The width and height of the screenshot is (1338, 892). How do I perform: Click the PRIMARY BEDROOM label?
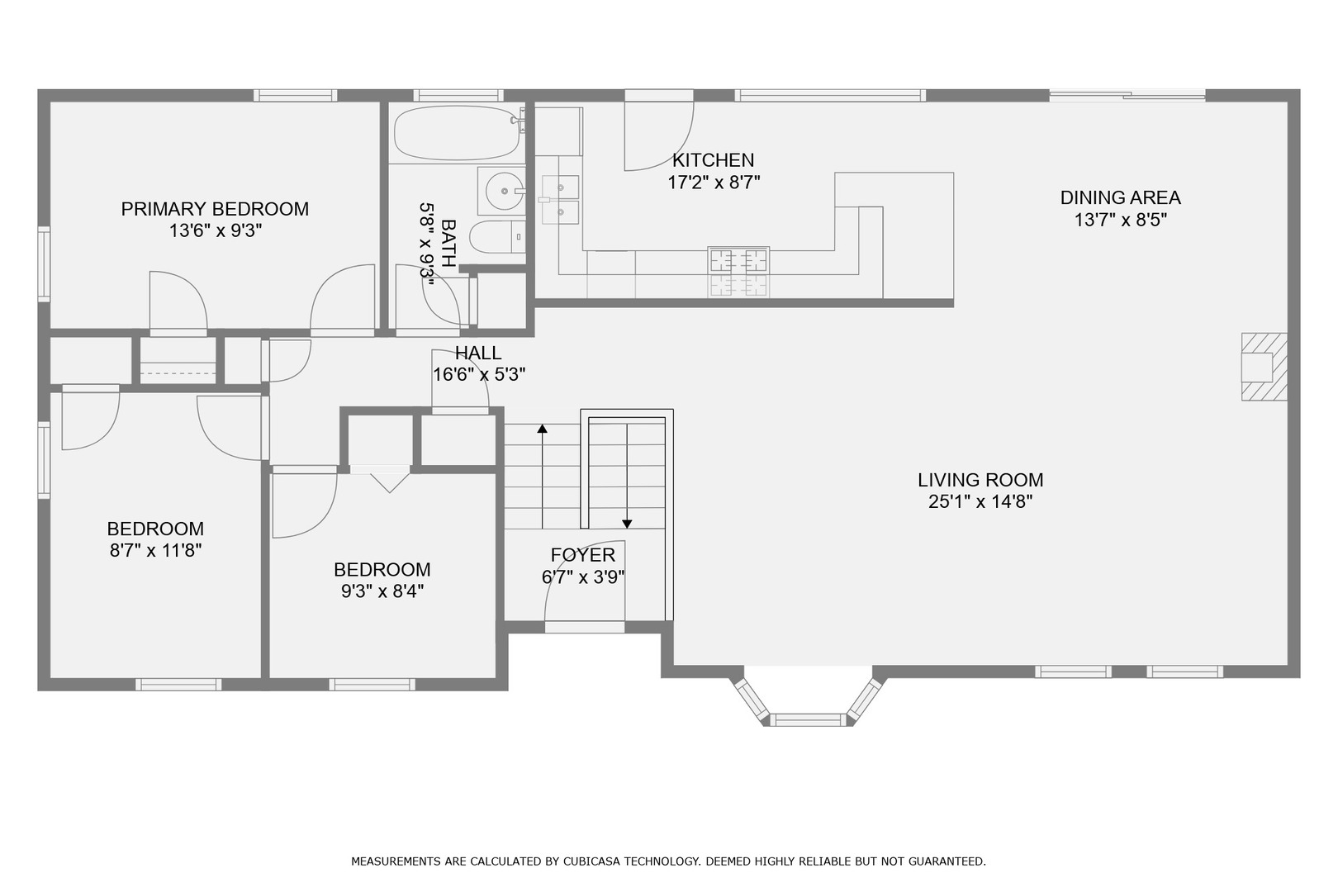coord(215,209)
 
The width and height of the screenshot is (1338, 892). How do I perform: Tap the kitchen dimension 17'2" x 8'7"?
coord(714,183)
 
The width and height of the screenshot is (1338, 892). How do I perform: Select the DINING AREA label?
coord(1121,197)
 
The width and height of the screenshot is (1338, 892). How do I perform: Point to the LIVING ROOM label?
coord(981,480)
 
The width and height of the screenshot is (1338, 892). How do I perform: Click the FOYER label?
coord(583,555)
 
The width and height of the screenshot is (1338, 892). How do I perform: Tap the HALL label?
coord(478,353)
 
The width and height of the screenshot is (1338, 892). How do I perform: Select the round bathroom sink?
coord(505,191)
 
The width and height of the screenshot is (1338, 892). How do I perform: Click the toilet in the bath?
coord(497,237)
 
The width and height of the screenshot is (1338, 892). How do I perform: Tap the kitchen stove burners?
coord(738,272)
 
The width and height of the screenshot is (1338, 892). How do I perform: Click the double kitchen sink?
coord(560,200)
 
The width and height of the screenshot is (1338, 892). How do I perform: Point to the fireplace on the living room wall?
coord(1264,367)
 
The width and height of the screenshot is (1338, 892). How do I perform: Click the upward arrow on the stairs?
coord(543,477)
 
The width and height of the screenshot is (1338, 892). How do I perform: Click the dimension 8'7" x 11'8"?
coord(156,550)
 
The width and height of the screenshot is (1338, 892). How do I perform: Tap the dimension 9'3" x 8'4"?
coord(383,591)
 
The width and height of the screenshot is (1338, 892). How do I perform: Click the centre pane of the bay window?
coord(809,720)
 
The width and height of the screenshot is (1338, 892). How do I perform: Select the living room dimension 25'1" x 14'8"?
coord(981,502)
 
